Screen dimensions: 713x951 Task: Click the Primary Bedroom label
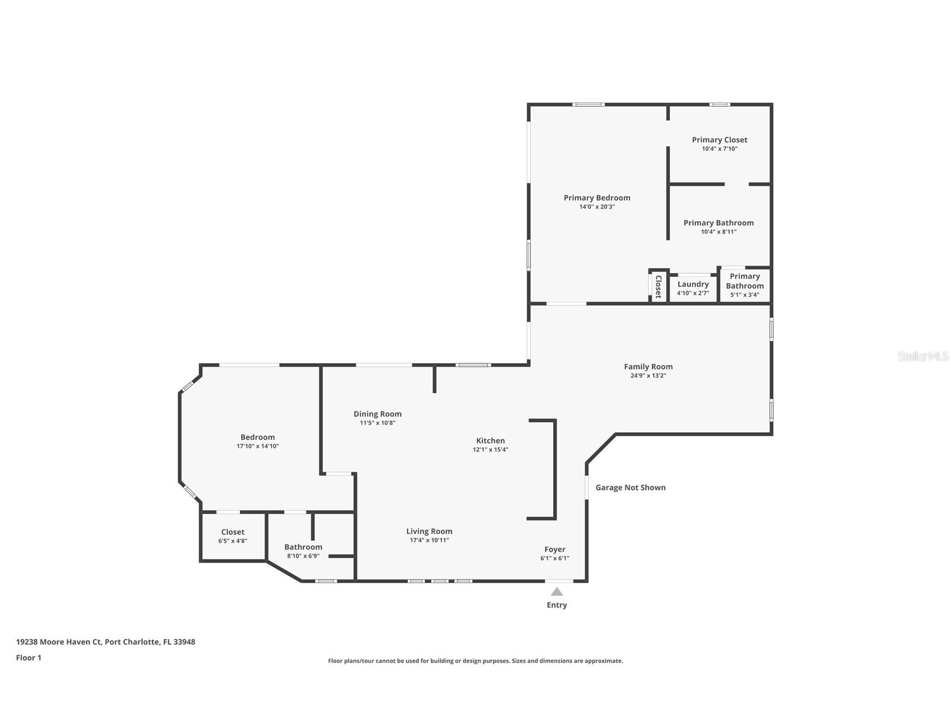click(x=596, y=198)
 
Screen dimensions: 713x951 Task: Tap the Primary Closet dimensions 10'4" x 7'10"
click(x=719, y=149)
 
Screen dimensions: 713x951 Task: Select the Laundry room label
click(x=693, y=284)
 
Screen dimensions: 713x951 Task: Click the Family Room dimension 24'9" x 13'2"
click(x=648, y=376)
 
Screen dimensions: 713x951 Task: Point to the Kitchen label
click(x=490, y=441)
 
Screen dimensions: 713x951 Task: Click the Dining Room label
click(x=377, y=414)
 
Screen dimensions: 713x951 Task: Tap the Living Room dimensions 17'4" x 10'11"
click(x=429, y=540)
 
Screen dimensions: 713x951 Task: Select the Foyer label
click(x=554, y=549)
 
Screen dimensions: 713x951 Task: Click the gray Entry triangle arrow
click(x=556, y=592)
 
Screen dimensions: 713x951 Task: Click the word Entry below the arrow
click(x=556, y=605)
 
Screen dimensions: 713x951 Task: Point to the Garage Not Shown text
click(x=630, y=488)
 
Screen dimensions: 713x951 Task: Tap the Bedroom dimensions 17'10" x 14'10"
click(x=257, y=447)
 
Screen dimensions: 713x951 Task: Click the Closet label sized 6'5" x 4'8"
click(x=233, y=532)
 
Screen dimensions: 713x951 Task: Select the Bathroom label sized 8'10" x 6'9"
click(x=303, y=547)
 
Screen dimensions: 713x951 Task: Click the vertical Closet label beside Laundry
click(x=658, y=286)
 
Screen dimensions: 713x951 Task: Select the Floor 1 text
click(x=29, y=658)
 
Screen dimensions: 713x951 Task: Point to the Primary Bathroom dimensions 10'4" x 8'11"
click(x=718, y=232)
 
